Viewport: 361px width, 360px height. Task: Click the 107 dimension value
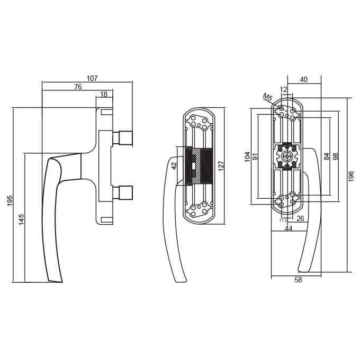click(92, 78)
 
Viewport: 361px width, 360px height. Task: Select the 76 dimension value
click(78, 87)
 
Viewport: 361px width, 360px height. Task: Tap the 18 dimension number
click(104, 94)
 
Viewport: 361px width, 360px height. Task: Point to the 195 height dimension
click(10, 201)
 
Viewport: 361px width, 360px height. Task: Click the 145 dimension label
click(21, 219)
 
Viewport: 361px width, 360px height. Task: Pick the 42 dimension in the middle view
click(174, 166)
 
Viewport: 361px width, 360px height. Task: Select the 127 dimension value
click(221, 166)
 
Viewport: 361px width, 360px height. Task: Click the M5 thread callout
click(267, 97)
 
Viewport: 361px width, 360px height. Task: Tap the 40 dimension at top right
click(304, 79)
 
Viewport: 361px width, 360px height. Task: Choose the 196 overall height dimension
click(351, 176)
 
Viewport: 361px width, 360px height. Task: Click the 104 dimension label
click(248, 157)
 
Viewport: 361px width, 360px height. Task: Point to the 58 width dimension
click(298, 280)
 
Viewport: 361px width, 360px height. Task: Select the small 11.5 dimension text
click(283, 220)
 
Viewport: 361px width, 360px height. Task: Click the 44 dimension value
click(288, 228)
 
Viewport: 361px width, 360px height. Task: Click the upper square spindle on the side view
click(122, 138)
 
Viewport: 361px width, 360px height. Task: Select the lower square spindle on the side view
click(122, 192)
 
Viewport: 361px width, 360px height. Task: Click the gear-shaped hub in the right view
click(287, 157)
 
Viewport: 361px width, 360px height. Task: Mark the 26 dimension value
click(301, 218)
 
